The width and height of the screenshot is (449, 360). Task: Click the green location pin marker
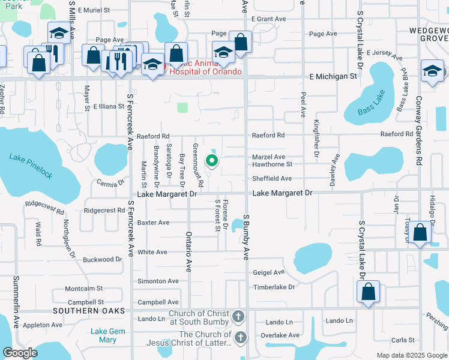point(211,160)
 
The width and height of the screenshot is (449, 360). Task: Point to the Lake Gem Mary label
point(103,335)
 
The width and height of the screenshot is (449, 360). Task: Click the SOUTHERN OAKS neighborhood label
point(88,311)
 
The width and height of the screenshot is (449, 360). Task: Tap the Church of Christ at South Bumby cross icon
point(238,316)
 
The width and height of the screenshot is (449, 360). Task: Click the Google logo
point(20,353)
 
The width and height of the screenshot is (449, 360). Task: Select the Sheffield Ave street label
point(271,178)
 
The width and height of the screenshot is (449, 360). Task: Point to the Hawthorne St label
point(272,164)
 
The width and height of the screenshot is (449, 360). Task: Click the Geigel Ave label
point(268,272)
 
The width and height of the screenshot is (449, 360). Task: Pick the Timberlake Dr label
point(274,287)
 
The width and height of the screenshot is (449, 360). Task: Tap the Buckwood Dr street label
point(102,260)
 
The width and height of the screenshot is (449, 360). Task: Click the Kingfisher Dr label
point(316,139)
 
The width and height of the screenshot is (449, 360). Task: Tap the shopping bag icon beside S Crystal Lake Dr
point(368,292)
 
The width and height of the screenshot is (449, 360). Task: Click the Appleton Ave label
point(44,325)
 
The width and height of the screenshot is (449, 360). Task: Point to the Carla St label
point(399,340)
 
